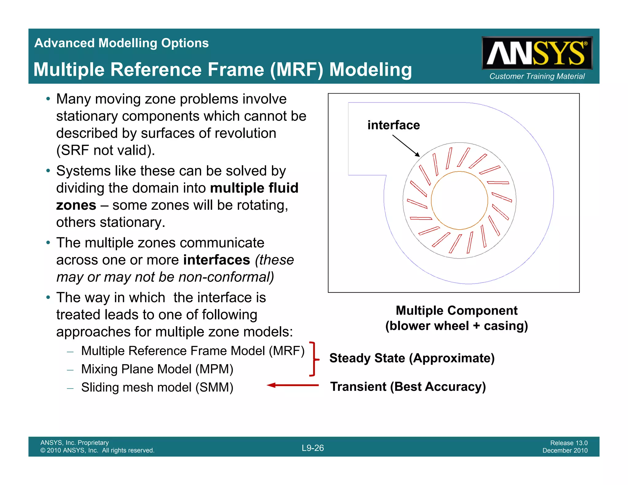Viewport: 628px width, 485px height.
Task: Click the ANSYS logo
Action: [537, 53]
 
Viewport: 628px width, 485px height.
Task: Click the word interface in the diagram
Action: [393, 125]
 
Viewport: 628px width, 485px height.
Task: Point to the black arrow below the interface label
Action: [406, 146]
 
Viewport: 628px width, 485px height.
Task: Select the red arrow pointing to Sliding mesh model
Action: [293, 385]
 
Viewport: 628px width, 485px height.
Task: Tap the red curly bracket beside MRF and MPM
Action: [313, 359]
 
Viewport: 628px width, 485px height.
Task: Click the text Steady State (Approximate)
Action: [412, 358]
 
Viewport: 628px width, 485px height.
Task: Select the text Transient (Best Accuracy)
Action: [408, 387]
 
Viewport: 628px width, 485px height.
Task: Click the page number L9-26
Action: [313, 448]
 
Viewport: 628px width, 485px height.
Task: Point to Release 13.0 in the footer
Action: [569, 443]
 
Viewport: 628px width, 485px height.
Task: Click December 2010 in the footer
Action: [565, 451]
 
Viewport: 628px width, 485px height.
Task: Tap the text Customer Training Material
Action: [537, 76]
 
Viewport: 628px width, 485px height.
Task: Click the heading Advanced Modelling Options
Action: [121, 43]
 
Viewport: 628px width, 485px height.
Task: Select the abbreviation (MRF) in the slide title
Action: [297, 70]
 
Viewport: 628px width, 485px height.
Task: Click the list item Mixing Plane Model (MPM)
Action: [157, 369]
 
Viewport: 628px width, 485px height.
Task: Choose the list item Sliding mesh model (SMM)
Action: [157, 388]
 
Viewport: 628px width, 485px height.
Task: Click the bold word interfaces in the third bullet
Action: [216, 260]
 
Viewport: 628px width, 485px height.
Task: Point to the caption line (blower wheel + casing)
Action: [457, 326]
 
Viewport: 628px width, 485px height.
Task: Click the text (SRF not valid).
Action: [105, 151]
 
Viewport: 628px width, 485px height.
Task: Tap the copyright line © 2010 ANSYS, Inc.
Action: [97, 451]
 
